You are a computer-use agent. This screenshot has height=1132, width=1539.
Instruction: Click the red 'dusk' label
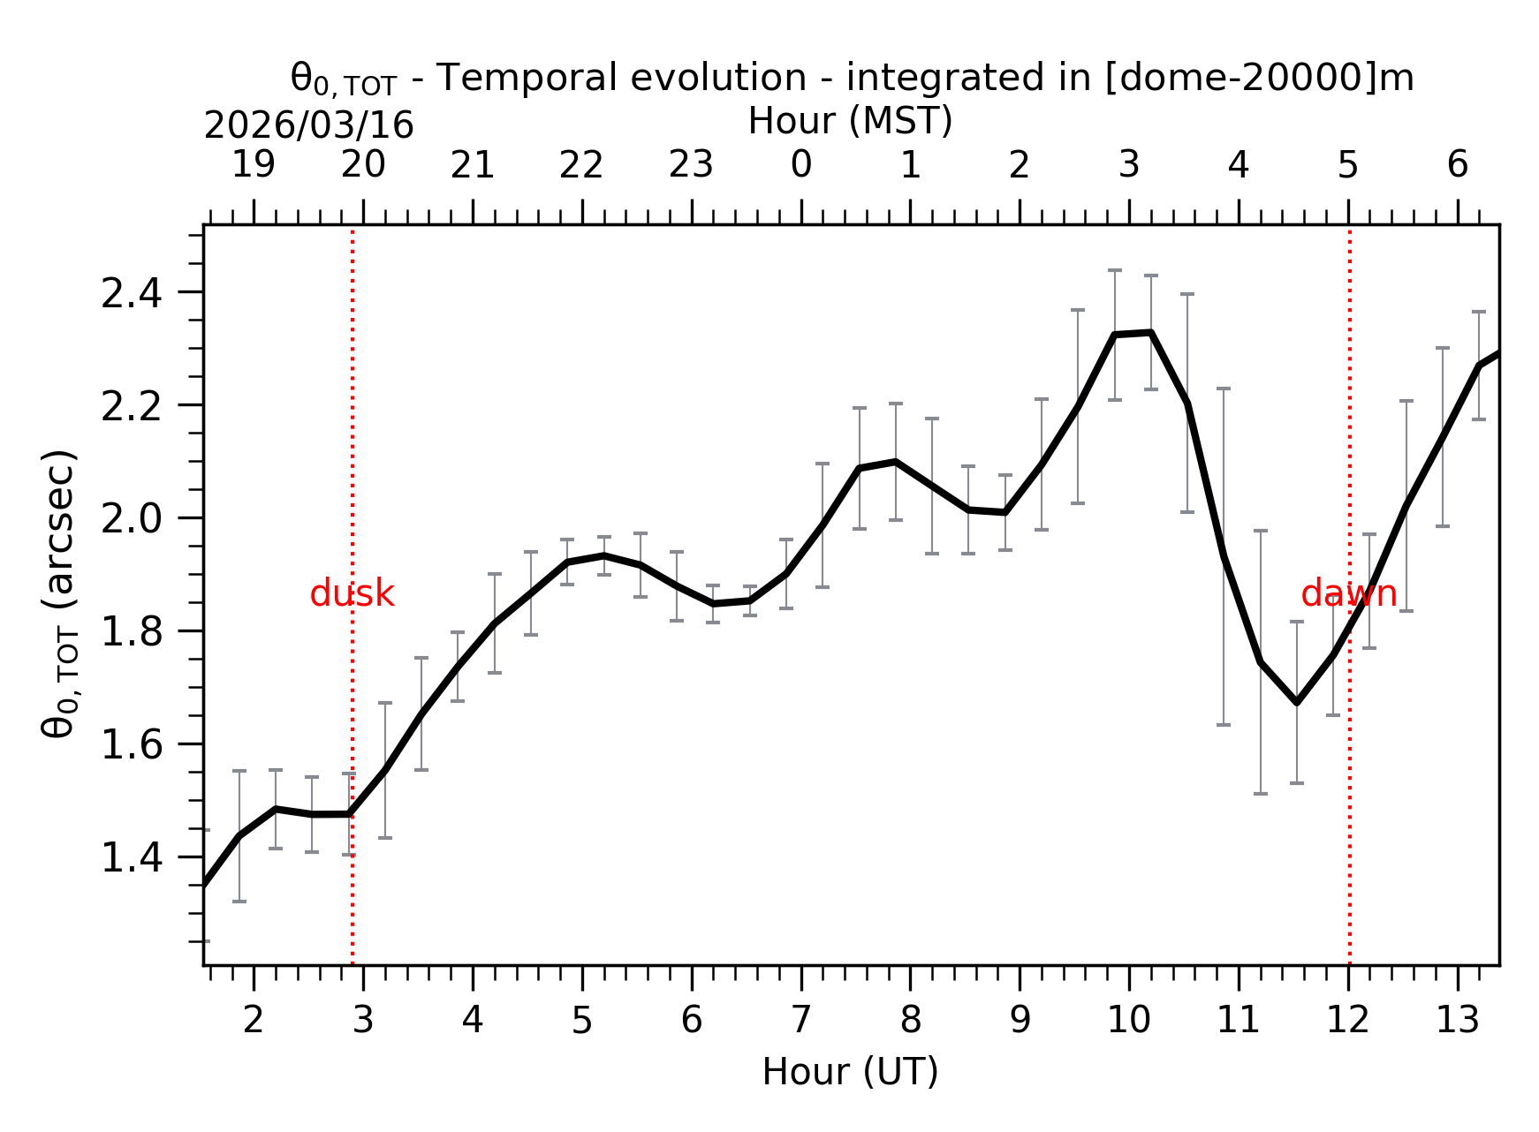352,594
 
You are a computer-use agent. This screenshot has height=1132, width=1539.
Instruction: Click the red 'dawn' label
1348,594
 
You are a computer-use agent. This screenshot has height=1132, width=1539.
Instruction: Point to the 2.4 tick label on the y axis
132,294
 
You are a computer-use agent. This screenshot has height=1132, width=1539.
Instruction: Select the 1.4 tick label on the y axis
132,858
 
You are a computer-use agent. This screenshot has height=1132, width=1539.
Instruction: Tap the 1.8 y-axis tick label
132,632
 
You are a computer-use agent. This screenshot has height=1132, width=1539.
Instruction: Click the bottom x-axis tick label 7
800,1021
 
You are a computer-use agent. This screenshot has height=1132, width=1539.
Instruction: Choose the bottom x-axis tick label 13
1457,1021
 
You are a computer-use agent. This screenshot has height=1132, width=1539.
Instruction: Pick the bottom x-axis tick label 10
1128,1021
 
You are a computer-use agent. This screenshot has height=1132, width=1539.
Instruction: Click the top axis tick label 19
254,165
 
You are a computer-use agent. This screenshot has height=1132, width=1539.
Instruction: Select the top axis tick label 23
691,165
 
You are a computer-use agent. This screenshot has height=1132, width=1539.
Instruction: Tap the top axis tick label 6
1457,165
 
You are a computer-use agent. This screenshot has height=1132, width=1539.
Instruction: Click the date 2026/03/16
308,126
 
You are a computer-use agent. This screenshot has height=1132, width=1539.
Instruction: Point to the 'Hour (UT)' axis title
850,1072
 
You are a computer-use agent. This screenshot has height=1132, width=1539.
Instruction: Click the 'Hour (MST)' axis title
850,121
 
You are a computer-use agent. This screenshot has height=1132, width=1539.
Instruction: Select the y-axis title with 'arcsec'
60,593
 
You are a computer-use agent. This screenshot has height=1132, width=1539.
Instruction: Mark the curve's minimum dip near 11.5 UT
1296,702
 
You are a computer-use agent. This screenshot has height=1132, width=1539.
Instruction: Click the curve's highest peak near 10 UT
1150,332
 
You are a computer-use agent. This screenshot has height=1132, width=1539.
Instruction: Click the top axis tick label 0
800,165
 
